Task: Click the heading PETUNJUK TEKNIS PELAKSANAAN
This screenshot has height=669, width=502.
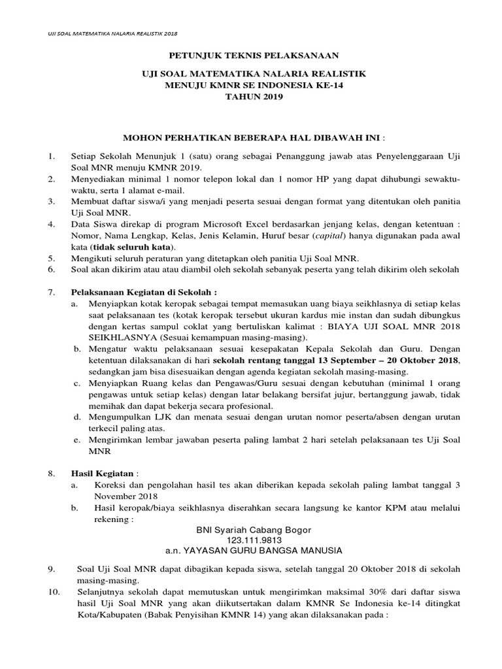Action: [250, 57]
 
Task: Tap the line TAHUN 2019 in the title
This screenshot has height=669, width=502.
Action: [250, 98]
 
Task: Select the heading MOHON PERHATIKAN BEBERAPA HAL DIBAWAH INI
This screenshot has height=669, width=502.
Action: [248, 139]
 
